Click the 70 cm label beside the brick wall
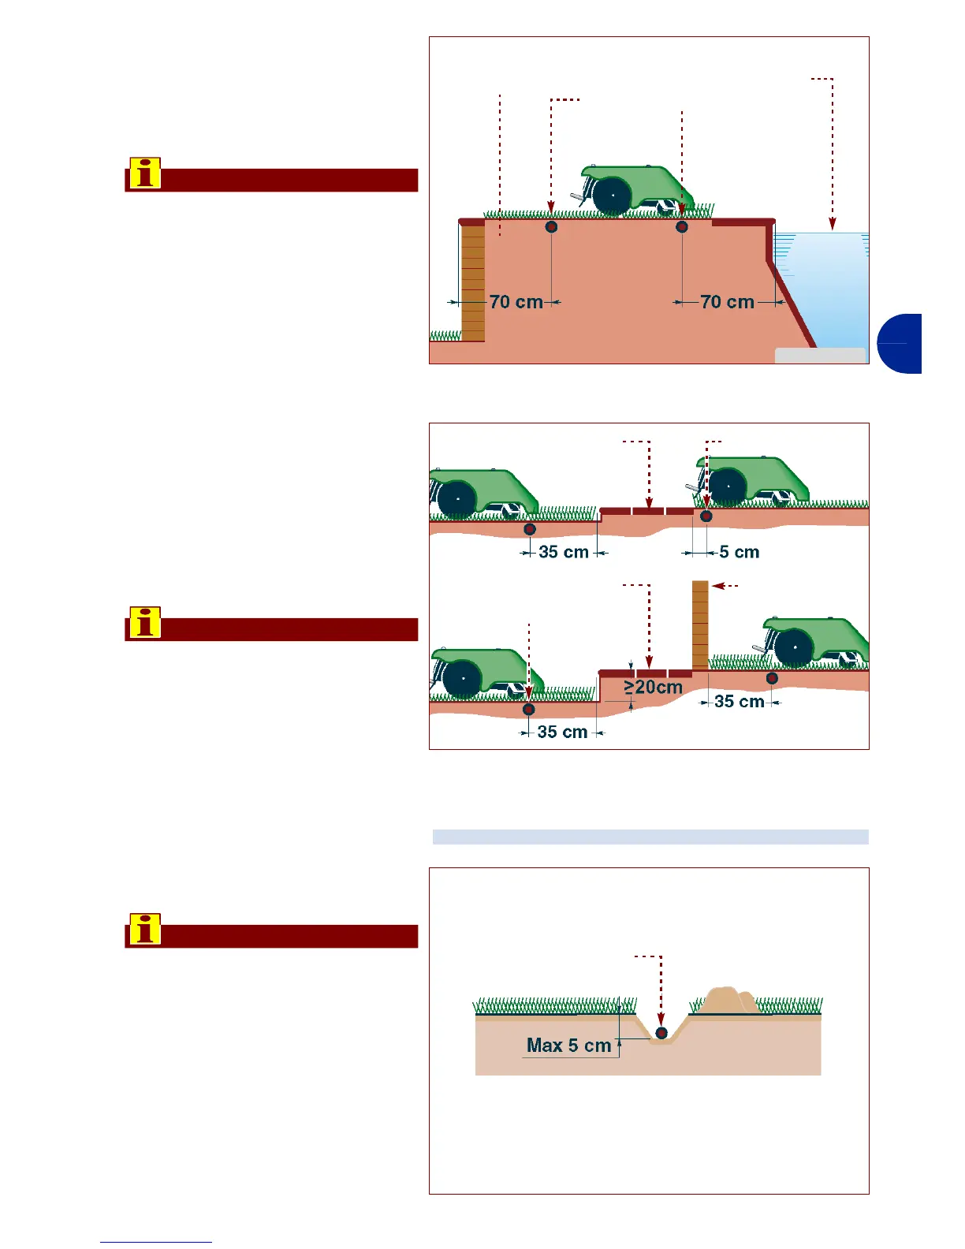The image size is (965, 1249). click(x=516, y=302)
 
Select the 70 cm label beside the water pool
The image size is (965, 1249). click(x=727, y=302)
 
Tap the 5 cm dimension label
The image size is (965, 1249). click(x=739, y=552)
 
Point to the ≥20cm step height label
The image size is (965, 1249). click(x=654, y=688)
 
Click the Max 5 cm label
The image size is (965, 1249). click(x=568, y=1046)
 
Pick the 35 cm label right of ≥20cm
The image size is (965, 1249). click(x=739, y=701)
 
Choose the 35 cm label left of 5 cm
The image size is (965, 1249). click(x=564, y=552)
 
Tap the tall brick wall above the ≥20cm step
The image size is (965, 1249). click(x=700, y=624)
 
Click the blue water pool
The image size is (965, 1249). click(x=824, y=292)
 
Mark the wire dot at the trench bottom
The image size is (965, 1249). click(x=661, y=1032)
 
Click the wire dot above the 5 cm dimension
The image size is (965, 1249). click(x=706, y=516)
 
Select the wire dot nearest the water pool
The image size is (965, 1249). click(x=682, y=227)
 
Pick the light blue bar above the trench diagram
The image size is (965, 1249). click(x=650, y=837)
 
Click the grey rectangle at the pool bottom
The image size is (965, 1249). click(x=820, y=356)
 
